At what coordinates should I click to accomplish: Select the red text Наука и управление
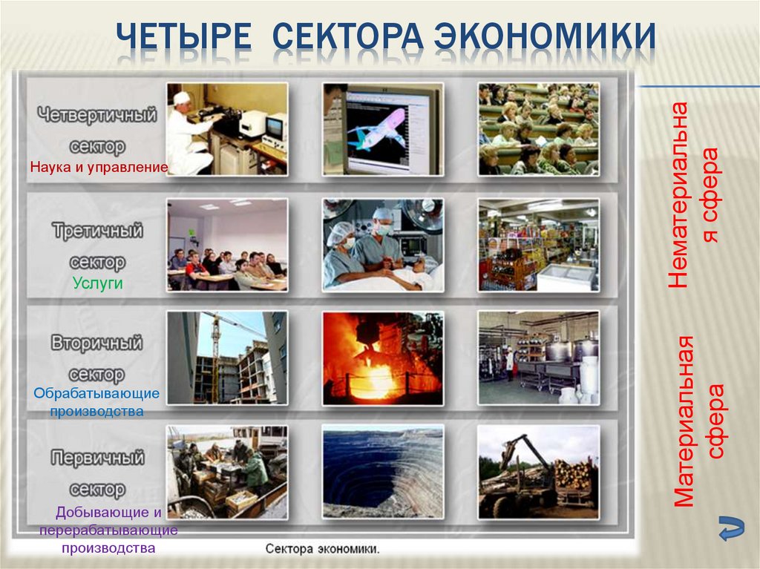pos(99,168)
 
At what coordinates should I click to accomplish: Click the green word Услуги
pos(97,283)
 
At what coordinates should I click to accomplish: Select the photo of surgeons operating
pos(382,244)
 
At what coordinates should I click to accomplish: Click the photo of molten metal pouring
pos(382,358)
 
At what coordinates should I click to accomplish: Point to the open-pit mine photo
pos(382,472)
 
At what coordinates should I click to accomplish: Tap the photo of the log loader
pos(538,472)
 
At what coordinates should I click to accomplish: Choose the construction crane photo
pos(226,358)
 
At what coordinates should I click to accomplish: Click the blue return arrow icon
pos(732,528)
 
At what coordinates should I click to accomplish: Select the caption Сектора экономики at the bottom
pos(323,550)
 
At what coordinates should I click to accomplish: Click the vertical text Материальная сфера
pos(698,420)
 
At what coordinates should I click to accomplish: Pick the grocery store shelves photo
pos(538,244)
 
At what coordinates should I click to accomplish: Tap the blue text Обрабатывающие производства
pos(96,401)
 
